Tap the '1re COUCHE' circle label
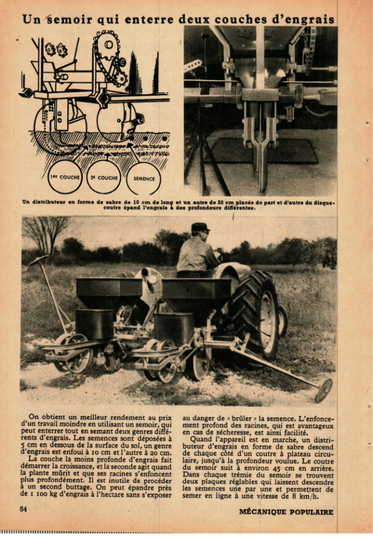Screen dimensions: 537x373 coord(64,178)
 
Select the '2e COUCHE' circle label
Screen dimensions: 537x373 coord(104,178)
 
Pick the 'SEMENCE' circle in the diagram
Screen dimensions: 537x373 coord(144,178)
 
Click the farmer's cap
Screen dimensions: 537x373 coord(200,227)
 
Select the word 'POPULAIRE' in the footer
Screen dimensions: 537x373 coord(313,512)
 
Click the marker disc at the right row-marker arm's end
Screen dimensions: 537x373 coord(323,390)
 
